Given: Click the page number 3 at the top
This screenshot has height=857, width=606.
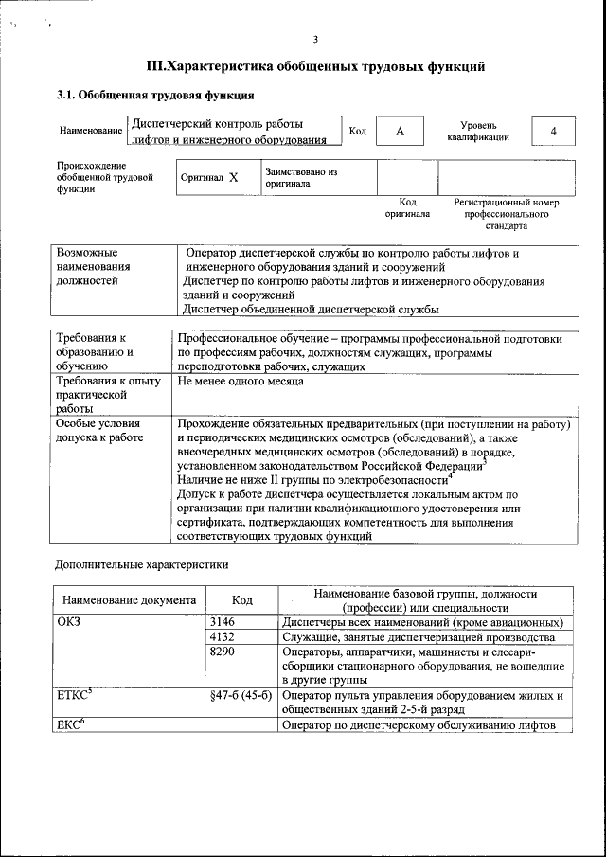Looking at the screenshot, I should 314,39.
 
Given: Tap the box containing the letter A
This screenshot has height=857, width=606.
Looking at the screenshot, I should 401,132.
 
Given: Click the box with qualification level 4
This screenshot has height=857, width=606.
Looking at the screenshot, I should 552,132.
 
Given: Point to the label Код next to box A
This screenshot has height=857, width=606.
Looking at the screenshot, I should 357,131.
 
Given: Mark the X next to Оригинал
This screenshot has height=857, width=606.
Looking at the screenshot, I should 234,177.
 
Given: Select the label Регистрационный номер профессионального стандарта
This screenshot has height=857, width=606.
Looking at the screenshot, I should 506,214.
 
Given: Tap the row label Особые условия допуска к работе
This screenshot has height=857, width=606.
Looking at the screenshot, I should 99,431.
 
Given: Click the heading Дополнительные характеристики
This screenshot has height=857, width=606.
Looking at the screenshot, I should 141,564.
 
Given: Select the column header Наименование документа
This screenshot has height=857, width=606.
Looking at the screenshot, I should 130,600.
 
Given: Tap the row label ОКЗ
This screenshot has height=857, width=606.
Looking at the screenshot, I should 71,622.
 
